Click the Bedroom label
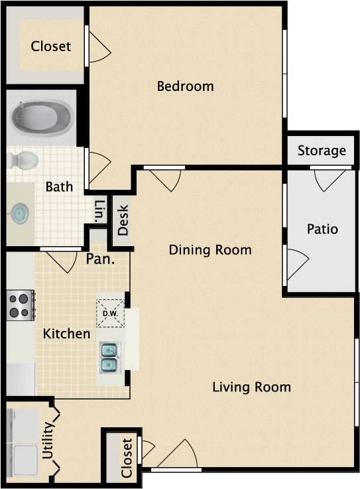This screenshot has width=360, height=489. point(185,86)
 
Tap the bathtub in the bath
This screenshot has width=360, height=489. point(41,118)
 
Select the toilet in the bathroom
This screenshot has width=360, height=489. point(25,160)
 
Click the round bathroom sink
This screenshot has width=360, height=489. point(20,214)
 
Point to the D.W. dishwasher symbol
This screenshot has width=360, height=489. point(109,312)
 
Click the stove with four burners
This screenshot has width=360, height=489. point(20,305)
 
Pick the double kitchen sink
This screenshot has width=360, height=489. point(110,358)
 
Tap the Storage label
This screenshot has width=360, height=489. point(322,151)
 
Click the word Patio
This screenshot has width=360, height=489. point(322,229)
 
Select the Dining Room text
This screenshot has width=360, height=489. point(210,250)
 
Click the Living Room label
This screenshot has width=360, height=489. point(251,387)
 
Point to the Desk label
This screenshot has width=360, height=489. point(123,219)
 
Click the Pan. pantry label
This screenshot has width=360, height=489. point(100,258)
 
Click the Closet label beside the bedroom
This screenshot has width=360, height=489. point(50,46)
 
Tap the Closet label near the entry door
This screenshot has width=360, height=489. point(127,457)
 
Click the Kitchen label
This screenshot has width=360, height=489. point(66,334)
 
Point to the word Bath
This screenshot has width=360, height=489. point(59,187)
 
